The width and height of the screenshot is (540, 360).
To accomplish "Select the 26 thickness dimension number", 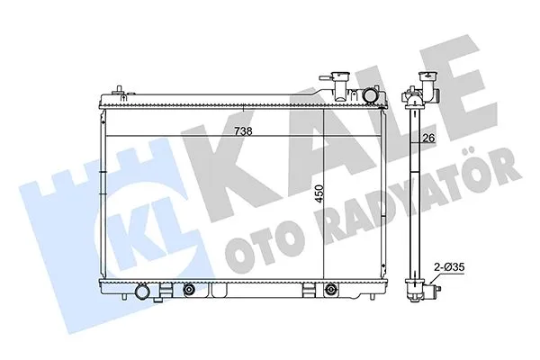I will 429,138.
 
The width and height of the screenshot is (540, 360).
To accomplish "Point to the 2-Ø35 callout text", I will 450,268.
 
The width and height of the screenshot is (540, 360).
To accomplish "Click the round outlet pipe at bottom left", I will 143,293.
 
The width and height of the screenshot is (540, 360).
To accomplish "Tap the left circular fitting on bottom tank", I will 188,290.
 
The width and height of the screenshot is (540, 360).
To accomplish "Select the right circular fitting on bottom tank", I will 332,290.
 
